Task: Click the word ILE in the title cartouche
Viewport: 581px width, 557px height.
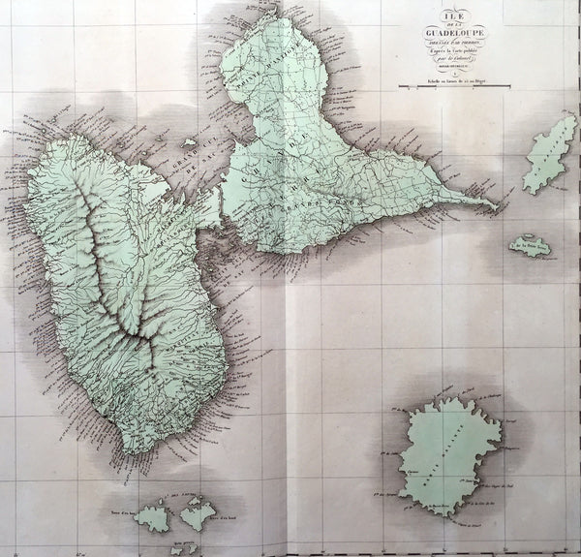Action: [447, 15]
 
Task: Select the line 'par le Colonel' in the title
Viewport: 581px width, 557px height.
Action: [447, 59]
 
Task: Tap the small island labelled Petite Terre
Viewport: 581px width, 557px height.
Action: [532, 247]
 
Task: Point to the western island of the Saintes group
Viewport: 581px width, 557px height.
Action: [153, 516]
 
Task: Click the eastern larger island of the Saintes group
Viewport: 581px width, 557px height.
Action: [198, 514]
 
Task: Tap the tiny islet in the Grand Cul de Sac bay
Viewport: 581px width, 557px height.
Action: [190, 143]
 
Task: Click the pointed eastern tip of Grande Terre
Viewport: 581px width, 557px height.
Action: [496, 205]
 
